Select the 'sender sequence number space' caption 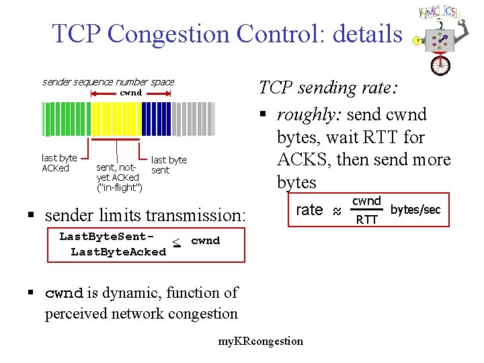[108, 82]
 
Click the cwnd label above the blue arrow [130, 93]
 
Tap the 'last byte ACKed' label [58, 163]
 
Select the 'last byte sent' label [169, 165]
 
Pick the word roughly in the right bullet [309, 114]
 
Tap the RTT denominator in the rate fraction [367, 219]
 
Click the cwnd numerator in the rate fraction [367, 201]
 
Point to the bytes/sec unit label [415, 210]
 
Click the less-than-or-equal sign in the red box [177, 243]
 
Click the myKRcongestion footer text [261, 341]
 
